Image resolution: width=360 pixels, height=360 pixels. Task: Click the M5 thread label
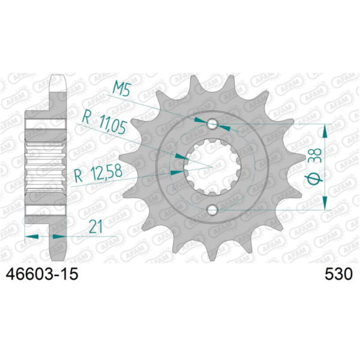[123, 91]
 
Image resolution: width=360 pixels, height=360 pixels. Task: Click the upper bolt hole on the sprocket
[212, 124]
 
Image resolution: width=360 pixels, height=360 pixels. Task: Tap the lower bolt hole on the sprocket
[212, 210]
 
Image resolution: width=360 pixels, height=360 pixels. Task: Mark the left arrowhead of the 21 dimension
[31, 236]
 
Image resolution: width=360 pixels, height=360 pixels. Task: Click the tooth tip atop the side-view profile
[57, 78]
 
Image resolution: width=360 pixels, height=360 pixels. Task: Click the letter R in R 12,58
[78, 176]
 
